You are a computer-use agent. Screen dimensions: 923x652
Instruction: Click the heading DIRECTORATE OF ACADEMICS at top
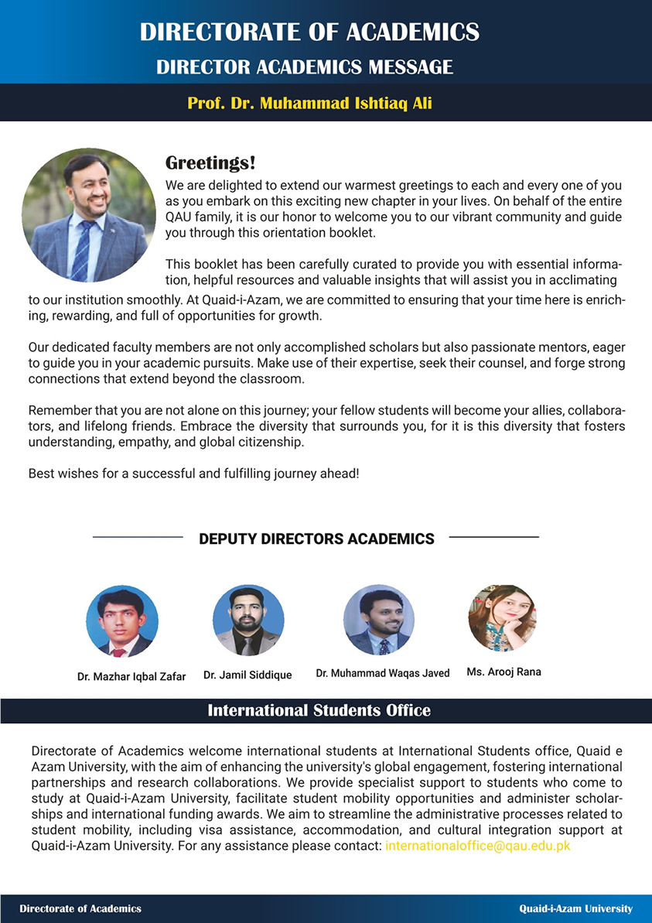click(309, 32)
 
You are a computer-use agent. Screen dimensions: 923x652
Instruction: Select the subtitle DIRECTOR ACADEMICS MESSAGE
click(305, 67)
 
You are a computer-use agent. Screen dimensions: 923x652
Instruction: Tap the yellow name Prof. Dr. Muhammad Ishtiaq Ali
click(309, 103)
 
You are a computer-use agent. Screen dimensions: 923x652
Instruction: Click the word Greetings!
click(210, 163)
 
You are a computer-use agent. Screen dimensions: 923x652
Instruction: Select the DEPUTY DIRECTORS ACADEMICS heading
click(316, 538)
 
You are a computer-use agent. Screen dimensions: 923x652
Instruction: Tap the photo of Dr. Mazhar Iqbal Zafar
click(122, 621)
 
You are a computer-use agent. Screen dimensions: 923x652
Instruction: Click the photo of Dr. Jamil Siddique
click(248, 620)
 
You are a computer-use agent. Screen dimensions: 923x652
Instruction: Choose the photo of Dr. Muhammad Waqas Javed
click(379, 619)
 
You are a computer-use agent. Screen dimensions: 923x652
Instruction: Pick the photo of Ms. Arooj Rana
click(503, 618)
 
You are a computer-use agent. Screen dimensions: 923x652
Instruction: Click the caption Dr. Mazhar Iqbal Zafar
click(131, 676)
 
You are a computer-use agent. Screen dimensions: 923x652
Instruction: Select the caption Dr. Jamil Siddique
click(247, 675)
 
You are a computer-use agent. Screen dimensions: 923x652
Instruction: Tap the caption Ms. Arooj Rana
click(504, 672)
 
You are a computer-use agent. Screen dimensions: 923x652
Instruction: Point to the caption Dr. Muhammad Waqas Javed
click(382, 673)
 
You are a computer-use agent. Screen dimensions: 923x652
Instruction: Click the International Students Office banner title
click(319, 710)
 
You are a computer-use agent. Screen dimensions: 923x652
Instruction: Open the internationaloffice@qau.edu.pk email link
click(477, 846)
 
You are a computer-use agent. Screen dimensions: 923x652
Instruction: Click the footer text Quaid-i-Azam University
click(575, 908)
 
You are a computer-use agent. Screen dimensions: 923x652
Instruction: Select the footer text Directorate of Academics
click(80, 908)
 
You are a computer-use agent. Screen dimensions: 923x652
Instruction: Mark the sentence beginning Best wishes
click(193, 471)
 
